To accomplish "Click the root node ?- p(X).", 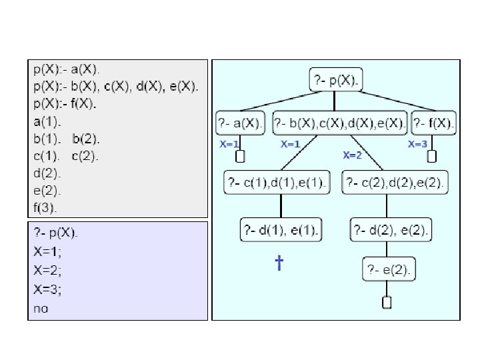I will tap(335, 81).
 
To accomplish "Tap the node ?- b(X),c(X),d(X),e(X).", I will tap(339, 123).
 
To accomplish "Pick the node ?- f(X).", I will tap(434, 123).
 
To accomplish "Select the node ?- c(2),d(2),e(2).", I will tap(395, 182).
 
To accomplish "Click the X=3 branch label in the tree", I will tap(417, 144).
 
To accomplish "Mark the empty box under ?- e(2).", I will tap(387, 302).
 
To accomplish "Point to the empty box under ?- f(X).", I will tap(431, 156).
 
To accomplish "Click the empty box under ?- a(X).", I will tap(241, 156).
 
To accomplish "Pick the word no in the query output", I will tap(41, 309).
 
